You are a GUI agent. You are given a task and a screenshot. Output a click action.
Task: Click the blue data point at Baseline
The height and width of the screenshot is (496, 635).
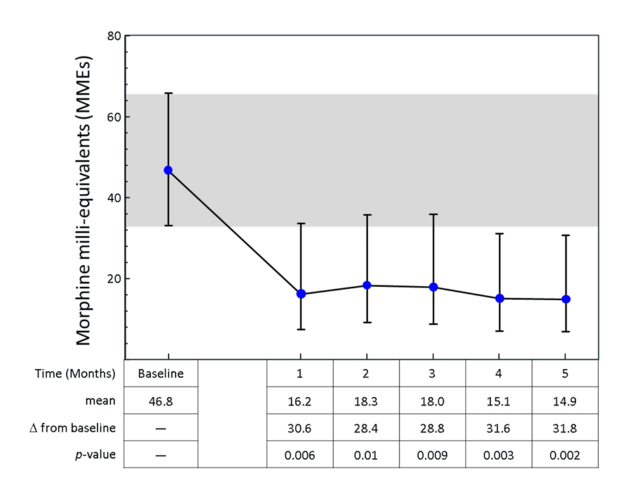click(x=168, y=170)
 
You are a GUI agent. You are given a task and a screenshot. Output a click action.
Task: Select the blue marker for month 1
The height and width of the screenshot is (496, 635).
click(x=301, y=294)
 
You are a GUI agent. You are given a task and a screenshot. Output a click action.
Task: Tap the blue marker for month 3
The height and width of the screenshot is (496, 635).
click(x=433, y=287)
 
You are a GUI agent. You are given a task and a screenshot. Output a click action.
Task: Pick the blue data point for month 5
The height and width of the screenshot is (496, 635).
click(x=565, y=299)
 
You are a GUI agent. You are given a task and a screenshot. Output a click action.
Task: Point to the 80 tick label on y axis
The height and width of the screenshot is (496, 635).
click(x=114, y=35)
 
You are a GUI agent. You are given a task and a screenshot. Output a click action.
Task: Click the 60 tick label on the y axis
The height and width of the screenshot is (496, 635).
click(x=114, y=117)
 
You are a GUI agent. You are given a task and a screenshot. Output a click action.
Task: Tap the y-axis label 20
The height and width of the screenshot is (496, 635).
click(x=114, y=278)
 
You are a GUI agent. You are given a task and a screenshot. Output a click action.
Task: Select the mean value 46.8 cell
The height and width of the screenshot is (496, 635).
click(x=161, y=401)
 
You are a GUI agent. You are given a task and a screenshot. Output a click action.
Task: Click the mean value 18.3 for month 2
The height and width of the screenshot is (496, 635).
click(x=366, y=401)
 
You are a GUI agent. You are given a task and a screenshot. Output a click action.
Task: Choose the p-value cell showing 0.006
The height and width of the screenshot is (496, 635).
click(x=300, y=455)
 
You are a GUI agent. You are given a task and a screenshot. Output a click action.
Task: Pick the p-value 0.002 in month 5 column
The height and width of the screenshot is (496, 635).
click(x=565, y=455)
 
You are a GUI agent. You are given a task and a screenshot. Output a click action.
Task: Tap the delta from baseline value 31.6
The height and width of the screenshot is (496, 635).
click(x=499, y=428)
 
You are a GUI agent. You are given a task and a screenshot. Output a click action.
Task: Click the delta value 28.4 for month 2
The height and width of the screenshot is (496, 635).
click(x=366, y=428)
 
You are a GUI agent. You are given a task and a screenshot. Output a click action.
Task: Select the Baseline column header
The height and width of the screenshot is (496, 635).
click(x=161, y=374)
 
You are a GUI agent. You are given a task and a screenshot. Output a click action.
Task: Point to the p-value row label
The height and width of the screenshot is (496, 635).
click(x=97, y=455)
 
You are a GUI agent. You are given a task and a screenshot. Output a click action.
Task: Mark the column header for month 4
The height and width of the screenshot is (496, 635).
click(x=499, y=374)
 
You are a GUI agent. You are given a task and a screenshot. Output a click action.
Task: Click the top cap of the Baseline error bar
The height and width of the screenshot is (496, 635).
click(x=168, y=93)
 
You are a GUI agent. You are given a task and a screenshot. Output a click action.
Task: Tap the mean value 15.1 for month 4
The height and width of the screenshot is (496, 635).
click(x=499, y=401)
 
